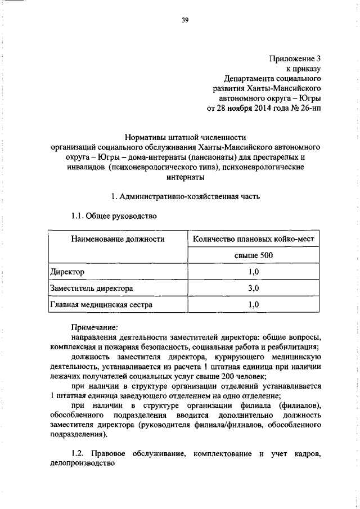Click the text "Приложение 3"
tap(294, 58)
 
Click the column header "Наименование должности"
tap(117, 240)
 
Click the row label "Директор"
tap(67, 272)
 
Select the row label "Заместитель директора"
tap(91, 289)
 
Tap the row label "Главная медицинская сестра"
tap(101, 305)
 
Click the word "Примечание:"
tap(94, 326)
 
